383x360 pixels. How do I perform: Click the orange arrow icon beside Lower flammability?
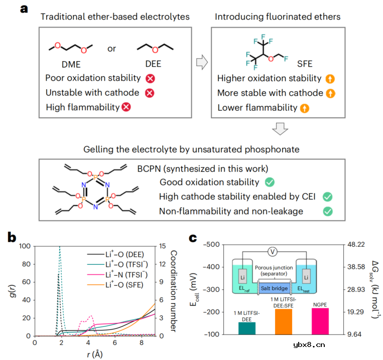pyautogui.click(x=304, y=107)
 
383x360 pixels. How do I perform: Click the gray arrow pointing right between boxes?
pyautogui.click(x=201, y=62)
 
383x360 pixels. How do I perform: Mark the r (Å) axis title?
pyautogui.click(x=94, y=354)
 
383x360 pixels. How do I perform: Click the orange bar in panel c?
pyautogui.click(x=283, y=321)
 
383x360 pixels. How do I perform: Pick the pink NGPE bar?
pyautogui.click(x=320, y=321)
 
